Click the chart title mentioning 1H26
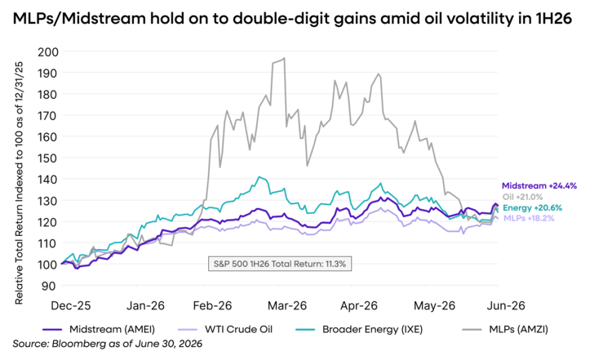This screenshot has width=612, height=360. click(x=292, y=18)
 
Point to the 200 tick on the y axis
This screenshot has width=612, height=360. click(x=48, y=52)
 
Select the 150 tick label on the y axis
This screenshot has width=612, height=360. click(x=48, y=158)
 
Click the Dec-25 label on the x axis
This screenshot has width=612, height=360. click(x=71, y=305)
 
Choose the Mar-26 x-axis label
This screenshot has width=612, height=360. click(x=287, y=305)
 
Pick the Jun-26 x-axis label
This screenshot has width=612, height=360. click(x=506, y=305)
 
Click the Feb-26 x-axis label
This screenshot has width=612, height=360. click(x=212, y=305)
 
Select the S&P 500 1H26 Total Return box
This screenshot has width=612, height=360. click(x=280, y=264)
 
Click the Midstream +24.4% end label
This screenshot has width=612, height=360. click(x=539, y=186)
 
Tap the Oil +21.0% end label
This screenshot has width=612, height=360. click(x=522, y=198)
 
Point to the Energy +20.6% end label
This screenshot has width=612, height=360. click(x=532, y=208)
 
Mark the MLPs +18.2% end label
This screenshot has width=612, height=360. click(x=529, y=218)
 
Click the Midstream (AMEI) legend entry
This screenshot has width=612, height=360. click(x=99, y=329)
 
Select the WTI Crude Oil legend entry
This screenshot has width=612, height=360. click(x=225, y=329)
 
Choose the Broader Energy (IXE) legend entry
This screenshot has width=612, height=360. click(x=359, y=329)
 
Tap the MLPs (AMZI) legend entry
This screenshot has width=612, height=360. click(x=505, y=329)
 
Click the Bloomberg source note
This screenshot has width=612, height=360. click(x=108, y=344)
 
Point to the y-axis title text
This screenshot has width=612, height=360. click(x=19, y=183)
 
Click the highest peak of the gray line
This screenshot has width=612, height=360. click(x=284, y=58)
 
